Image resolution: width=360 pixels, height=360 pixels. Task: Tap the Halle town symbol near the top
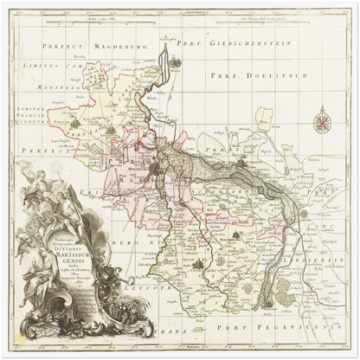point(177,63)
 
